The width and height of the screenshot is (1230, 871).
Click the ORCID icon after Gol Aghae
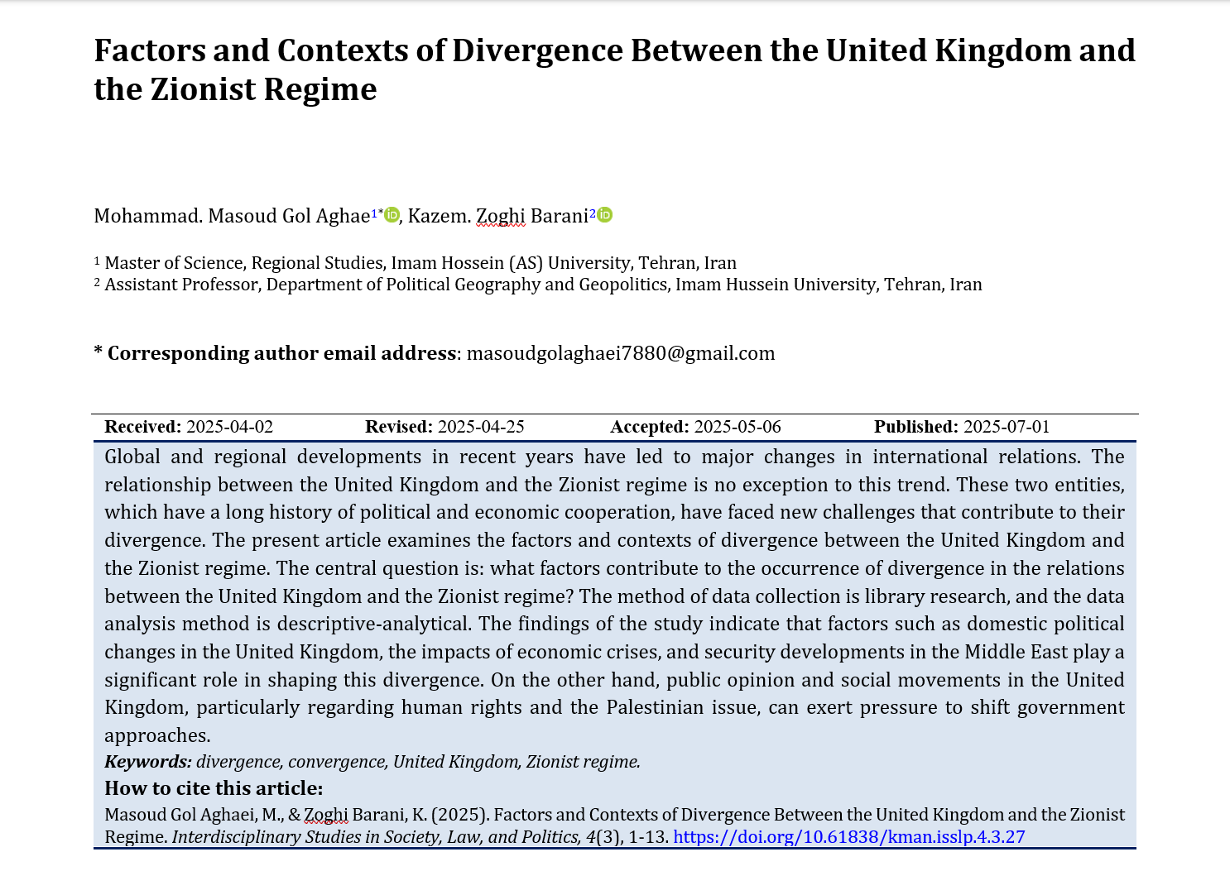[392, 215]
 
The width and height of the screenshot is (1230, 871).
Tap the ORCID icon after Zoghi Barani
[605, 215]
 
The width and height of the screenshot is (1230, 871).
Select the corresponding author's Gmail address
[621, 353]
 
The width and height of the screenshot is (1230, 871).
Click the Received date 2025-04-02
[229, 427]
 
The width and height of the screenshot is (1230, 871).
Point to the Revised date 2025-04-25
[481, 427]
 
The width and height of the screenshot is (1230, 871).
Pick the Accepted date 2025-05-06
[738, 427]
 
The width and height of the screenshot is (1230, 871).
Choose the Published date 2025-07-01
[1007, 427]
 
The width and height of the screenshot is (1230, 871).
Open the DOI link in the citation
[849, 836]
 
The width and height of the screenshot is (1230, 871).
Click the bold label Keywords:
[148, 762]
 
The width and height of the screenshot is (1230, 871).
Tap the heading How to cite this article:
[214, 788]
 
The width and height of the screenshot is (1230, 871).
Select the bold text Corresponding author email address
[281, 353]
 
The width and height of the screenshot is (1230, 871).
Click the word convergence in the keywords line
[336, 762]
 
